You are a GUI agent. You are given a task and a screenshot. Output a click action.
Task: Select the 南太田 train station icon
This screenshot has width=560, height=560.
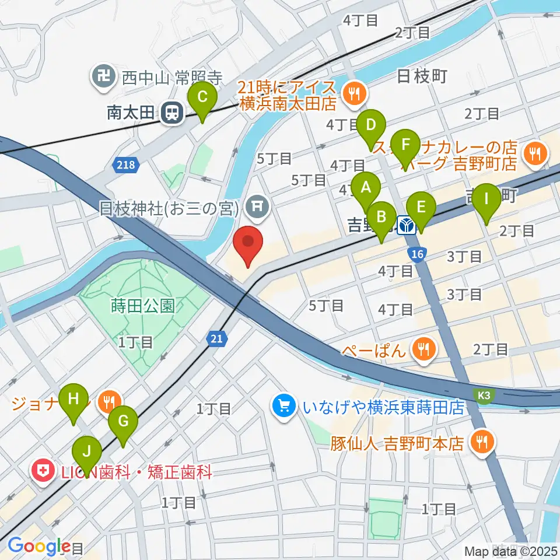tap(172, 113)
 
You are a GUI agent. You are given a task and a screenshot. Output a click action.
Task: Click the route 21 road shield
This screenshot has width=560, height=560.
tap(216, 338)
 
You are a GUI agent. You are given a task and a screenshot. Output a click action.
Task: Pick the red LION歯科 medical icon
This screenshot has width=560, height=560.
tap(44, 472)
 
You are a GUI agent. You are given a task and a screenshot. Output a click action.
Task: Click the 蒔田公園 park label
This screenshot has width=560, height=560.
tap(142, 305)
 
